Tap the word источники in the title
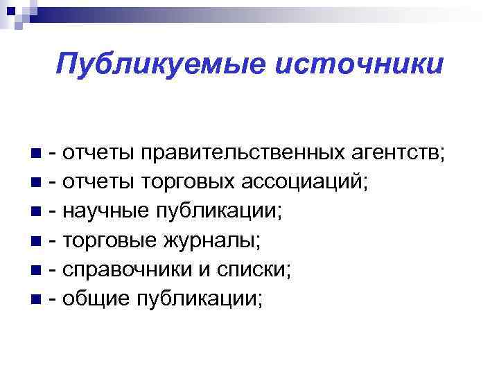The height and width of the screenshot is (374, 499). [x=358, y=64]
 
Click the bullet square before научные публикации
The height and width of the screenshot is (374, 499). [x=36, y=212]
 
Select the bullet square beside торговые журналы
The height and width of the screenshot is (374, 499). [x=36, y=242]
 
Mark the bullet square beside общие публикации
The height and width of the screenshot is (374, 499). [x=36, y=300]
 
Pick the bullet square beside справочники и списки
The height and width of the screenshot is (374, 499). [x=36, y=271]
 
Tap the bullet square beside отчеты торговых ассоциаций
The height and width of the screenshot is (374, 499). [x=36, y=183]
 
